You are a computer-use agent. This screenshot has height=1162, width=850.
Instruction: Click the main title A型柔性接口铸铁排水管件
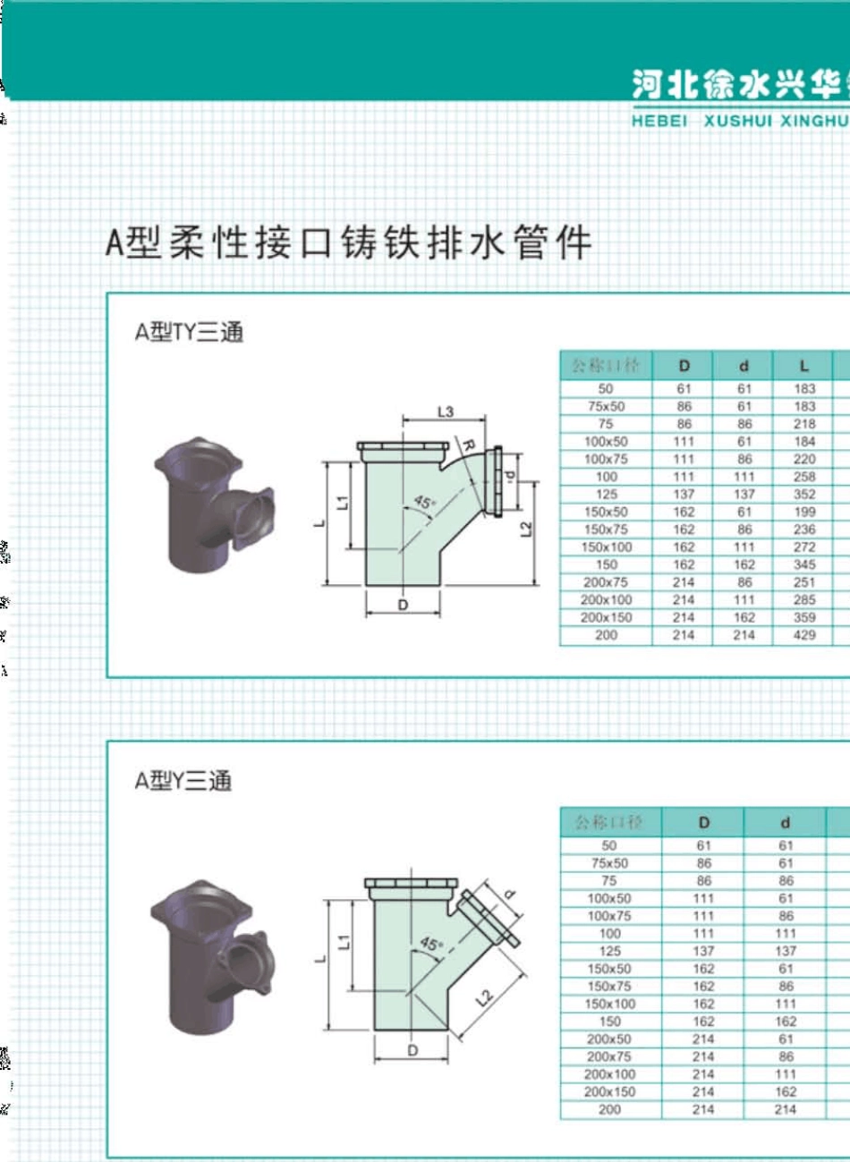[348, 242]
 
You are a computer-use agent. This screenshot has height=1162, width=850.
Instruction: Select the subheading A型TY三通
[189, 332]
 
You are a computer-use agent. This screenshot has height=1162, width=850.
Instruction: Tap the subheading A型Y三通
[183, 780]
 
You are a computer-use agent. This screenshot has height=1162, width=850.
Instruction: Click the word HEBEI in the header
[659, 121]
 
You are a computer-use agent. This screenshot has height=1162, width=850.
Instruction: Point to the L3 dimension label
[445, 411]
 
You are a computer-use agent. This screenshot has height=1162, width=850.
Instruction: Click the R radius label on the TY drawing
[468, 445]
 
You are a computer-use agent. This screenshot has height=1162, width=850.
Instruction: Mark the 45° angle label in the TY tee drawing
[424, 502]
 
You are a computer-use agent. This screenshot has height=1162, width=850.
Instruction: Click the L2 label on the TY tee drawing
[526, 530]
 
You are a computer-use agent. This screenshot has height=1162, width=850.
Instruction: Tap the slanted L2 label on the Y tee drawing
[483, 997]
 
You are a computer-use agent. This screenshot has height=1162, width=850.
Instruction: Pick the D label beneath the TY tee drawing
[403, 606]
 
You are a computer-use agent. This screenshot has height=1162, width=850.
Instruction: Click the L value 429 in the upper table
[804, 635]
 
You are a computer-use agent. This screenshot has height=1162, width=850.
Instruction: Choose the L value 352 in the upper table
[804, 494]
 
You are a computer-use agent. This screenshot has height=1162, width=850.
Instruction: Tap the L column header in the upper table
[803, 365]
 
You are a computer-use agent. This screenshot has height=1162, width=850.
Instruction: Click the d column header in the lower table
[785, 822]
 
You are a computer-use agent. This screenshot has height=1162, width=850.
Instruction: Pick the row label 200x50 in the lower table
[608, 1039]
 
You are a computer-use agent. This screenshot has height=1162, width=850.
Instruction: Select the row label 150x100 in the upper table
[606, 547]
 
